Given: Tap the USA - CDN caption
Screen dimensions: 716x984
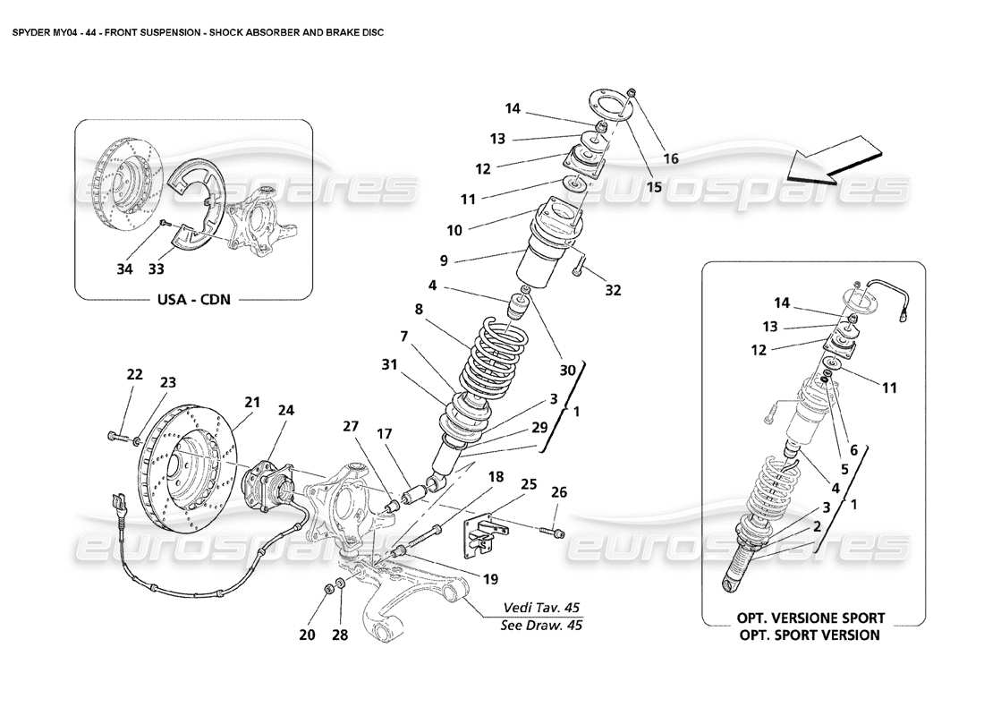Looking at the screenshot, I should point(193,299).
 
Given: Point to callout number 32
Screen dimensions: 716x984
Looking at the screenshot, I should point(613,291).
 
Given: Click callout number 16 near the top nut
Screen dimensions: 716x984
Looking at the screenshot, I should point(670,158).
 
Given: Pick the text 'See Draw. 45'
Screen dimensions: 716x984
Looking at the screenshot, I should point(542,626).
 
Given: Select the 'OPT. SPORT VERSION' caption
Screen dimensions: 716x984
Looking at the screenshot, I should point(810,635).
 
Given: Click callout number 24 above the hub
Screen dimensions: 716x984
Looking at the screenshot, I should point(285,411).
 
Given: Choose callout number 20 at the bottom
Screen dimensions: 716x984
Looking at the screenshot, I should point(307,635).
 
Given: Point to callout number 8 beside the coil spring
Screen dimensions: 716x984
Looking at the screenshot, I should point(417,310).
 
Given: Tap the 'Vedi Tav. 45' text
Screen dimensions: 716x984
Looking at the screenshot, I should point(542,606).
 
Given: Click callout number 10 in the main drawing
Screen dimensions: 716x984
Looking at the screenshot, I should point(455,230).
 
